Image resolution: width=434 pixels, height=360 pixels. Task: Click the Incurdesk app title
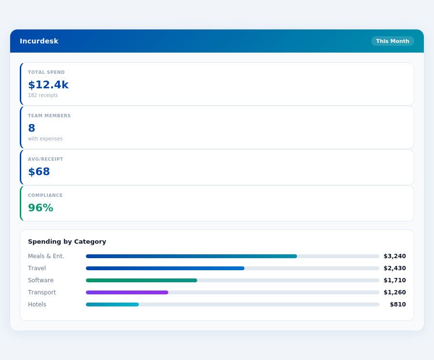[39, 41]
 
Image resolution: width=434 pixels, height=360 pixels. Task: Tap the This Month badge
[393, 41]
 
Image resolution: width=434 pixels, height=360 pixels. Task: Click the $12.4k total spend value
[48, 85]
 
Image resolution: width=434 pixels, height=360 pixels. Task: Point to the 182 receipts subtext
[43, 96]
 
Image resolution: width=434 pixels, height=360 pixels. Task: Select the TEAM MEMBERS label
[49, 116]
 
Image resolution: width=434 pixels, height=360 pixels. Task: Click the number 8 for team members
[32, 128]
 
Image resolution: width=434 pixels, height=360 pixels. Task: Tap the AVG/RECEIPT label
[45, 159]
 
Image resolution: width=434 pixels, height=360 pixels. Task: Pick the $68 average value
[39, 172]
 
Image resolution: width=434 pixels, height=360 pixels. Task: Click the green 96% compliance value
[41, 208]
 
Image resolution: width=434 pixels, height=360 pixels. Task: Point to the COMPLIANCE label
[45, 195]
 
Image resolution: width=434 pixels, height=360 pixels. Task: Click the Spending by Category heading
[67, 242]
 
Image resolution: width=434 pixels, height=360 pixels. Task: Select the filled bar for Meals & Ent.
[191, 256]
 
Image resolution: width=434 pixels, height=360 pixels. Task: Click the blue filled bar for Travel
[165, 268]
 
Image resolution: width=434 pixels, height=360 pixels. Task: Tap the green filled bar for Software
[141, 280]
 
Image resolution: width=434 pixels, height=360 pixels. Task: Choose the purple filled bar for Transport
[127, 292]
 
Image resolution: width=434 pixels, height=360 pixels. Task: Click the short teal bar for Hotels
[112, 305]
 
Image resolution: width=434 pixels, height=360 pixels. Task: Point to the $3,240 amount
[394, 256]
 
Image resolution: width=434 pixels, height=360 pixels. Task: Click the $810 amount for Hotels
[398, 305]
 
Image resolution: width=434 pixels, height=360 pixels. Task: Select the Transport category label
[42, 292]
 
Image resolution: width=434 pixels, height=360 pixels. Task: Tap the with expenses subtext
[45, 139]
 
